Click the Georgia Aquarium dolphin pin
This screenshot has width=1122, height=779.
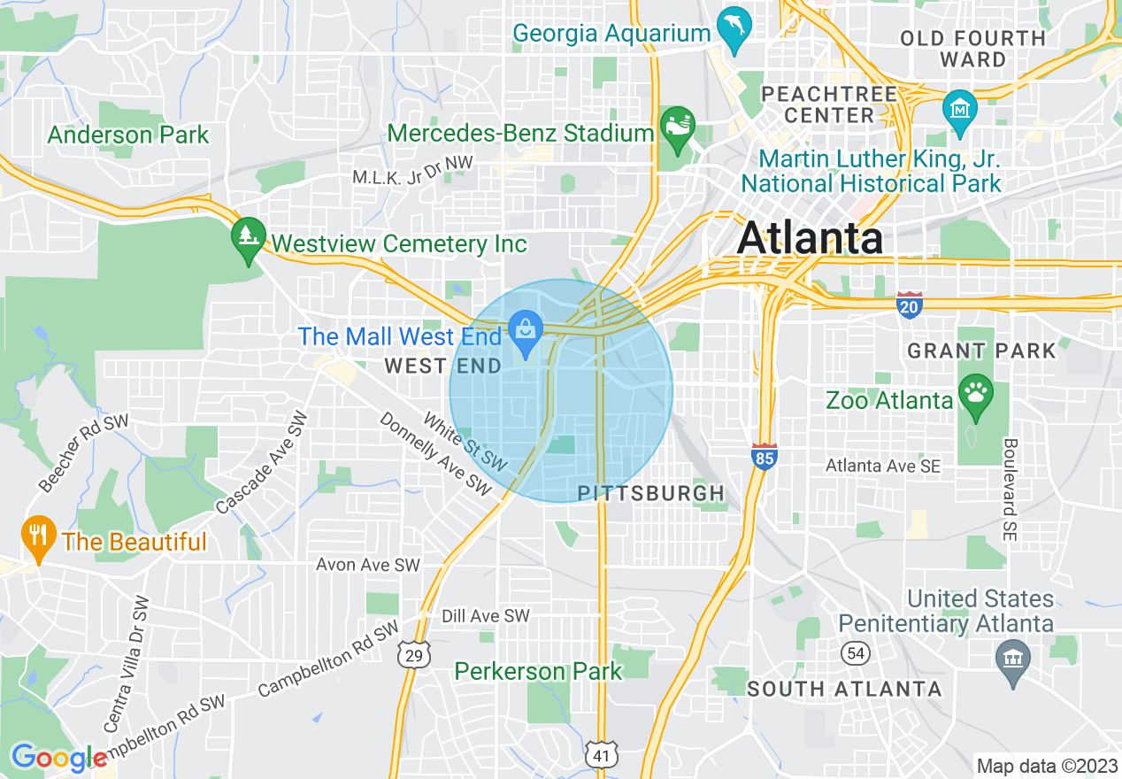734,31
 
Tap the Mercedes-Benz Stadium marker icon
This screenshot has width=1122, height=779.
678,125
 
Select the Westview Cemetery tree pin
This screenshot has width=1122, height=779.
249,237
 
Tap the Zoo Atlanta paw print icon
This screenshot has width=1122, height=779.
976,397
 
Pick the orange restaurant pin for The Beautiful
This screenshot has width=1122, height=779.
37,536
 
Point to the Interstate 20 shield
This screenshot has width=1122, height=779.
909,305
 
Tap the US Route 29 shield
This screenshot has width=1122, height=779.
413,653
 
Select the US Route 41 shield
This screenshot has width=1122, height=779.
600,754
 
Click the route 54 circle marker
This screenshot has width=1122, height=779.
857,653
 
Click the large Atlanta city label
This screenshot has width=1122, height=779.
810,237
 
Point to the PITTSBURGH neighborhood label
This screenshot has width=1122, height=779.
650,493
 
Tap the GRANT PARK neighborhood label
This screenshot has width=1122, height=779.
981,351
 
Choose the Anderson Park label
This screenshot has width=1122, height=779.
128,135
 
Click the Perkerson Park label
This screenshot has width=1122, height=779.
538,671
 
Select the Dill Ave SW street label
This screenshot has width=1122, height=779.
485,615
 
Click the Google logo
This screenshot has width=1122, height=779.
58,758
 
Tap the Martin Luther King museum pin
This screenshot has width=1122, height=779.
959,109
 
